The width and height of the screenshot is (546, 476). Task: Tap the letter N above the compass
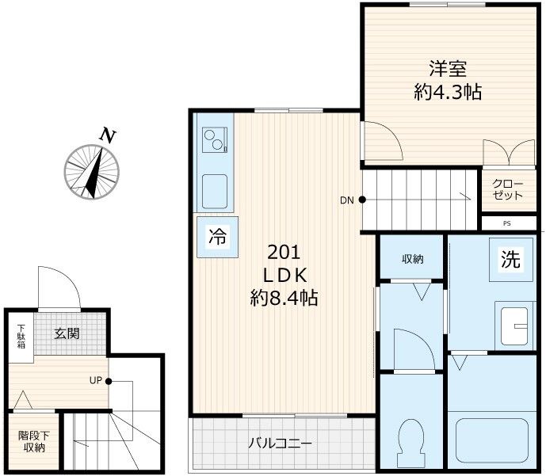(x=106, y=135)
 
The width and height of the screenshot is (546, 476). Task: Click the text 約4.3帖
(x=448, y=92)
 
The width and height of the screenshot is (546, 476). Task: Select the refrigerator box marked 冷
(x=216, y=235)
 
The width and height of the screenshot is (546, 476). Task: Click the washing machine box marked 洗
(x=510, y=259)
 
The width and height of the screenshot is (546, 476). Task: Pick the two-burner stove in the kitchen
(x=215, y=141)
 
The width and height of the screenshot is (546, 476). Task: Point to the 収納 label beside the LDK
(x=410, y=258)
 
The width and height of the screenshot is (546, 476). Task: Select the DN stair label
(x=346, y=200)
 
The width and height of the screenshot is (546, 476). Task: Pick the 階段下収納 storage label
(x=33, y=441)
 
